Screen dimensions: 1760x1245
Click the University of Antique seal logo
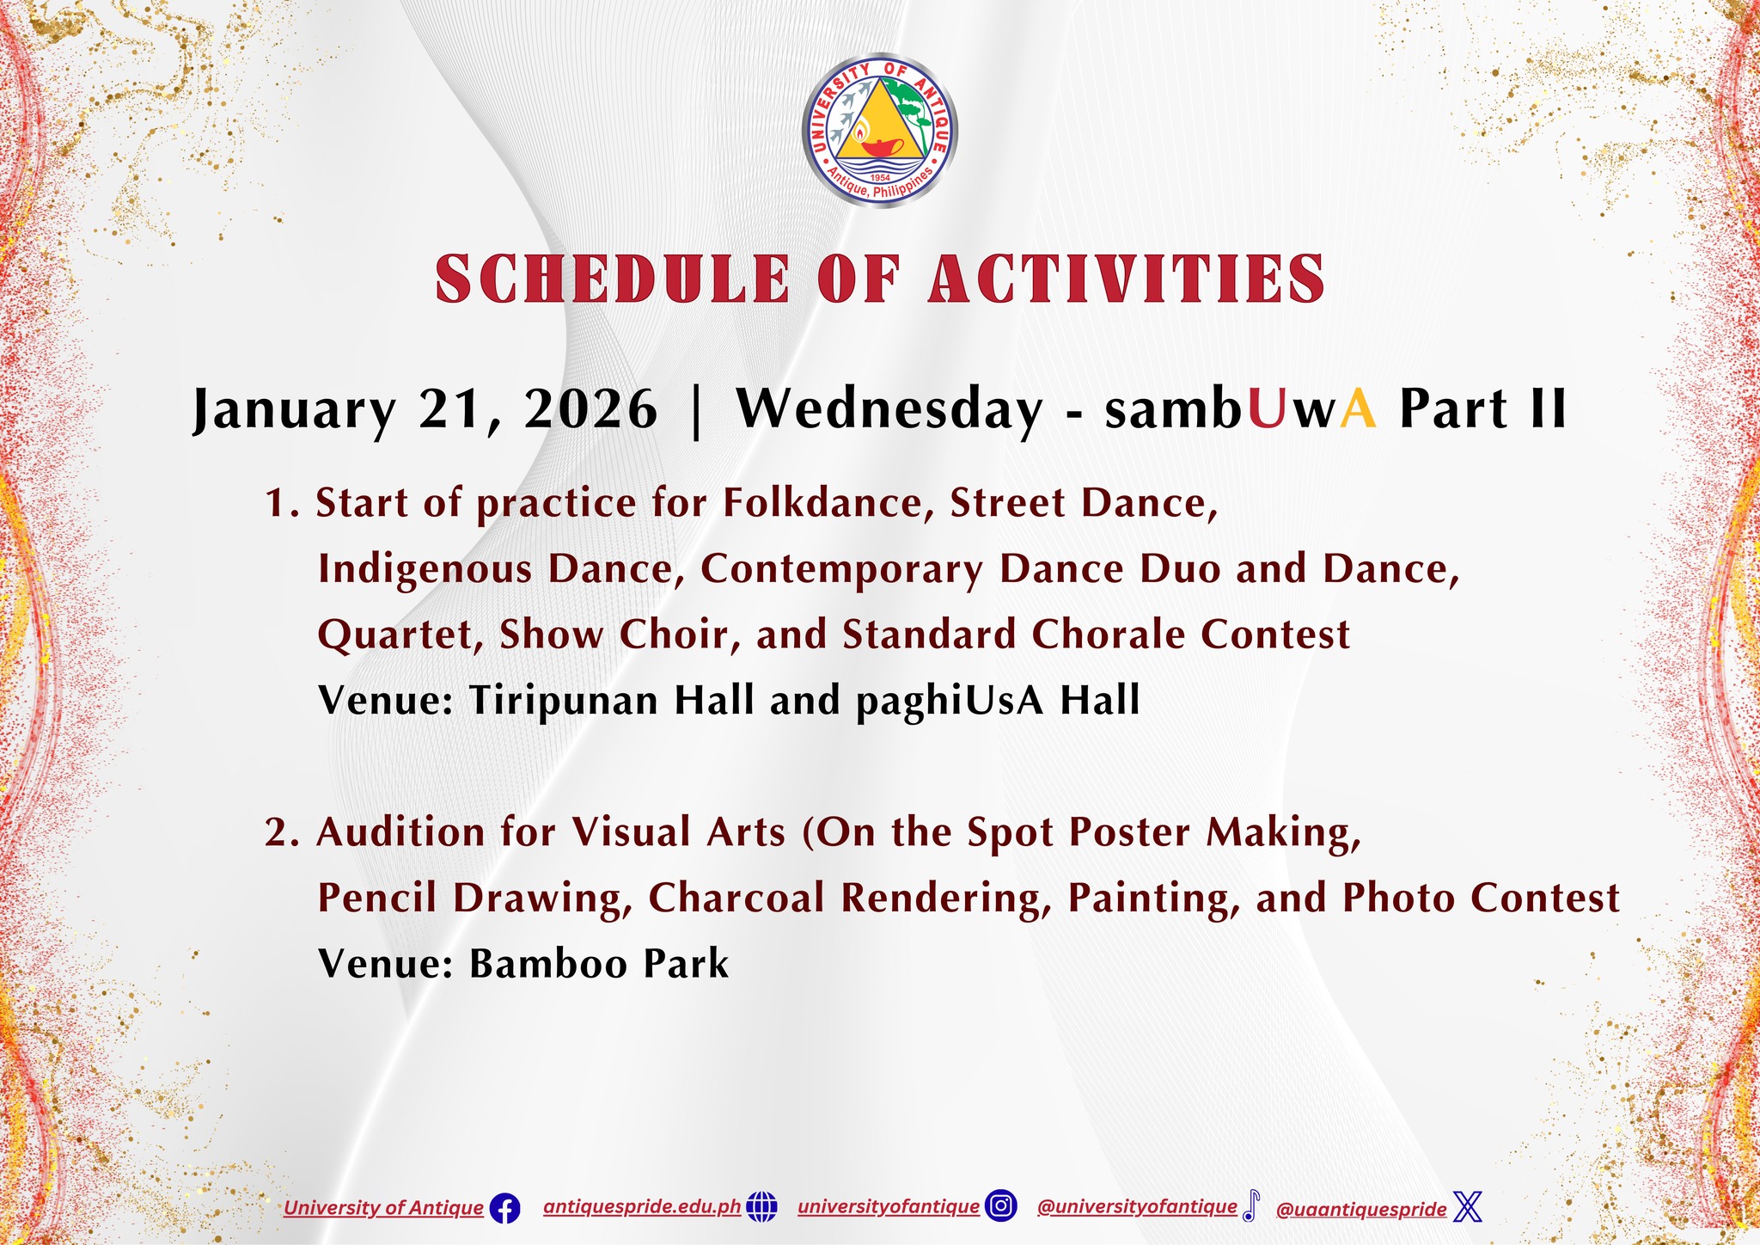(x=879, y=132)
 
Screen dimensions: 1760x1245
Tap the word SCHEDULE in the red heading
(x=612, y=279)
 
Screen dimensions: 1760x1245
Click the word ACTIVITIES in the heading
(x=1127, y=279)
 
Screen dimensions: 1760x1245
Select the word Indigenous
(x=425, y=569)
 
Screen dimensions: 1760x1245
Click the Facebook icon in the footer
(x=504, y=1210)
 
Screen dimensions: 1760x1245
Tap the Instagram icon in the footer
(x=1001, y=1206)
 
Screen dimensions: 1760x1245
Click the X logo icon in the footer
(x=1468, y=1207)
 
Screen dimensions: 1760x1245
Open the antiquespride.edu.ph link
(x=642, y=1207)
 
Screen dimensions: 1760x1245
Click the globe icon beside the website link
(x=761, y=1207)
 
